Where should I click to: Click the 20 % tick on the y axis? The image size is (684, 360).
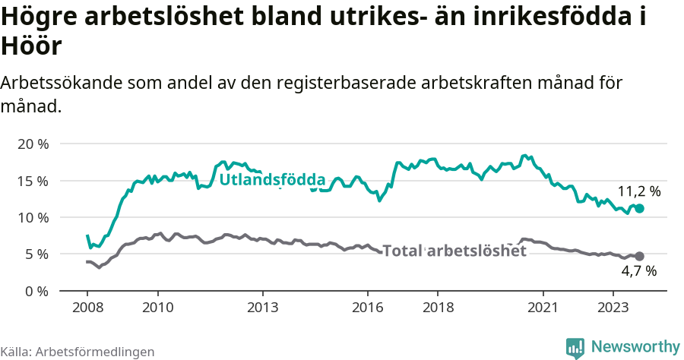(33, 144)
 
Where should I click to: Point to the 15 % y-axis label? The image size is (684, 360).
(33, 181)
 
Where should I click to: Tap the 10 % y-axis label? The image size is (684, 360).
(33, 217)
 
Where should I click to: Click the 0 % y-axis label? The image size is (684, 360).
(36, 291)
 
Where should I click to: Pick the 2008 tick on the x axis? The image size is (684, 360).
(87, 308)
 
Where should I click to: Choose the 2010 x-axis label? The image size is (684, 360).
(157, 308)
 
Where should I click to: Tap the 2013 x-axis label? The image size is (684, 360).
(263, 308)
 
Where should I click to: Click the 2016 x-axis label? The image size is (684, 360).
(368, 308)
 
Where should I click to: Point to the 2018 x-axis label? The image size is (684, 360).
(438, 308)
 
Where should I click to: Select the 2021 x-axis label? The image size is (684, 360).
(543, 308)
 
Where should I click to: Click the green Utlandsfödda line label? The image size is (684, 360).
(272, 181)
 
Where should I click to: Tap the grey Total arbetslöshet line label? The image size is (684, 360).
(454, 251)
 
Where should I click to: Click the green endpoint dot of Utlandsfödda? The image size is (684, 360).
(639, 208)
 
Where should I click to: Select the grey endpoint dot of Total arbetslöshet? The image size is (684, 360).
(639, 256)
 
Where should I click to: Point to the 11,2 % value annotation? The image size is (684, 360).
(638, 191)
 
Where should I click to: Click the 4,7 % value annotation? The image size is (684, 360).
(638, 270)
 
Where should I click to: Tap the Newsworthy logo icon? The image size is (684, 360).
(575, 348)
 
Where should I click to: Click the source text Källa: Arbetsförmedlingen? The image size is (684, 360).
(78, 352)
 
